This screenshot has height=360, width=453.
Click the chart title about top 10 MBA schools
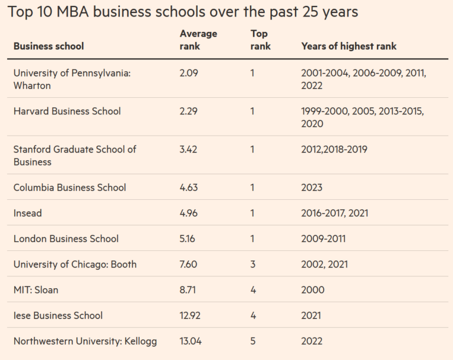point(182,11)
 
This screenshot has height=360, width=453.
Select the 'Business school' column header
point(48,46)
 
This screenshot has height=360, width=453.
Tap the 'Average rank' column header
point(198,39)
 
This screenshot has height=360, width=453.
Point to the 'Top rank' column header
point(260,39)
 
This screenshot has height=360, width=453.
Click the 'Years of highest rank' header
point(349,46)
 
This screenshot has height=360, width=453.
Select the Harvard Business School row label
point(67,111)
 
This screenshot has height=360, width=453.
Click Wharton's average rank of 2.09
point(188,73)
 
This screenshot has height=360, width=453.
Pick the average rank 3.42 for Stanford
point(188,149)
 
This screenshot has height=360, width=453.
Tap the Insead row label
point(28,213)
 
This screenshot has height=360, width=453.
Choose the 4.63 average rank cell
point(188,187)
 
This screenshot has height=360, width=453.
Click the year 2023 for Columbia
point(311,187)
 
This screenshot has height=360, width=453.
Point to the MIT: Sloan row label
point(36,290)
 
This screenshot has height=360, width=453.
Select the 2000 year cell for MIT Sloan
point(312,290)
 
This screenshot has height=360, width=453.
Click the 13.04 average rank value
point(190,341)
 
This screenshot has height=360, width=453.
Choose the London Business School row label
point(66,239)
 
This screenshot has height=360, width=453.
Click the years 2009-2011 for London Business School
point(323,239)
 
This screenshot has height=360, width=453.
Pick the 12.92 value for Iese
point(190,315)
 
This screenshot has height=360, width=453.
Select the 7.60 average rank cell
point(188,264)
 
